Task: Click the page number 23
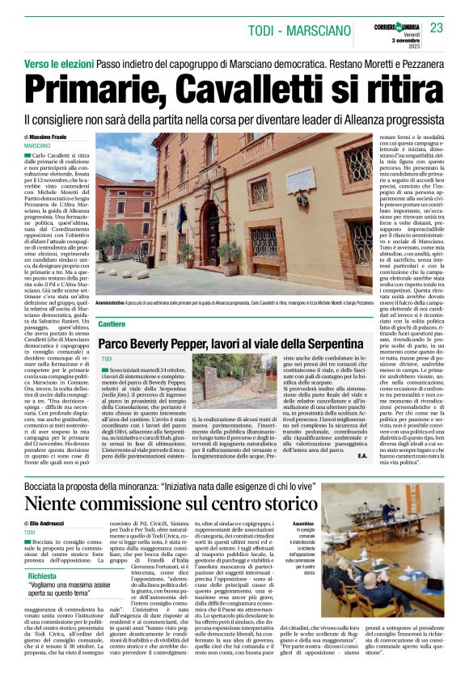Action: point(437,28)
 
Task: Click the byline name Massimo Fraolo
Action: point(59,138)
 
